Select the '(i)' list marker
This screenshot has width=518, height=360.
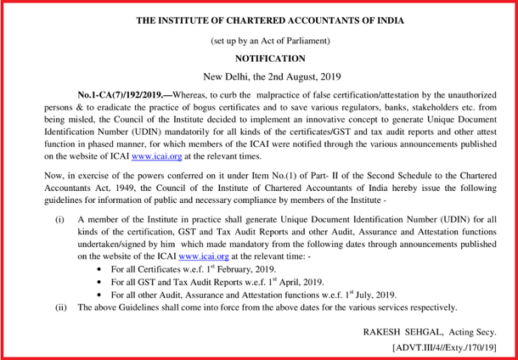click(x=59, y=218)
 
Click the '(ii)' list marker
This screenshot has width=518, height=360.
click(x=60, y=307)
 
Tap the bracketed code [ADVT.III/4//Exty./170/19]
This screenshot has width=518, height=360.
click(x=445, y=346)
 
